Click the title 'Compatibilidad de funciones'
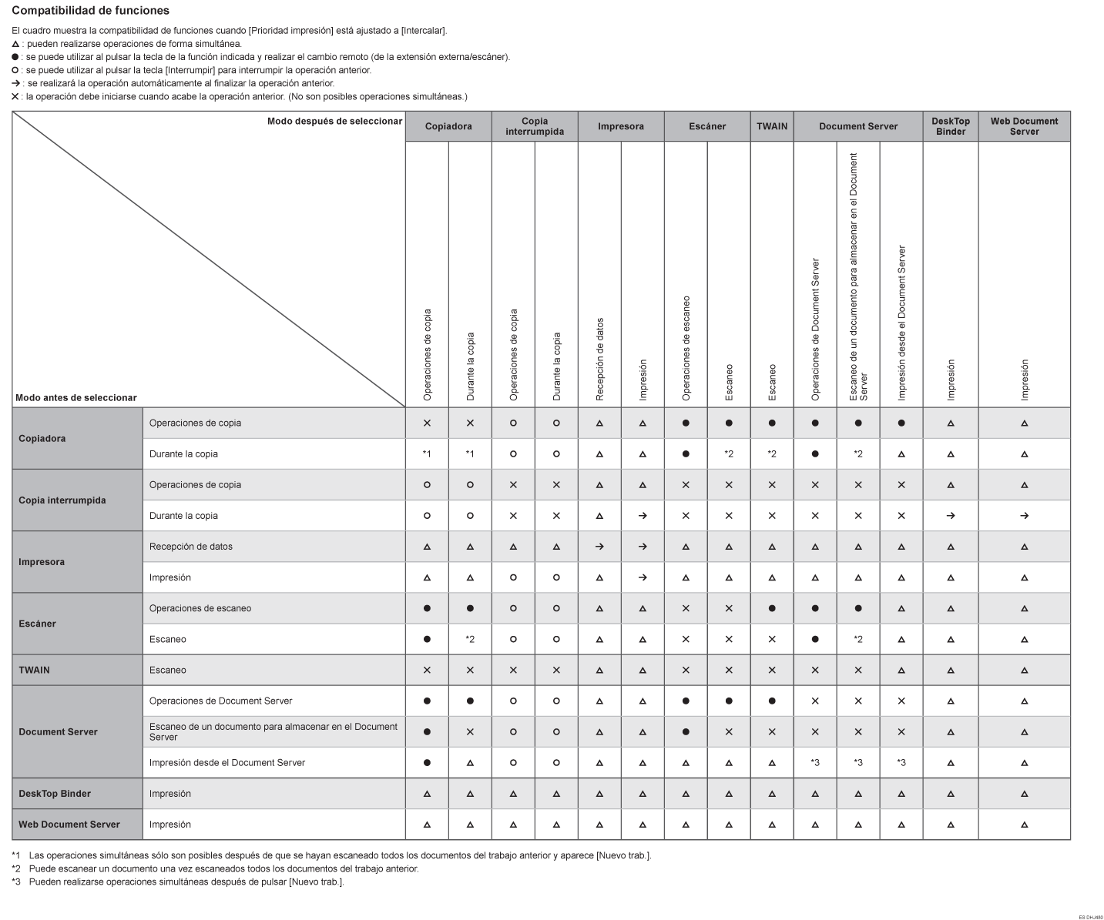(x=90, y=11)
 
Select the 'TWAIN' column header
(x=772, y=126)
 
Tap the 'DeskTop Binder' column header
(x=951, y=126)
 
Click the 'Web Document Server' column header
(x=1024, y=126)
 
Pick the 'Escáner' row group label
(x=37, y=624)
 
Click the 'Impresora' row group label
(x=42, y=562)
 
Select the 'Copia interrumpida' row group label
(x=62, y=500)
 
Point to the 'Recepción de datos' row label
(x=191, y=547)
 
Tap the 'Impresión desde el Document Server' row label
(x=227, y=763)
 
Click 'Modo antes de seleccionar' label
(x=76, y=398)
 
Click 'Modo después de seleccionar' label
(x=334, y=121)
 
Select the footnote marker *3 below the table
(x=16, y=882)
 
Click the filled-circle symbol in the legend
(x=15, y=57)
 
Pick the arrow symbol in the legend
(x=15, y=83)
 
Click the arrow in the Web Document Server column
(x=1024, y=516)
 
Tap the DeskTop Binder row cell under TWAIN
(x=772, y=794)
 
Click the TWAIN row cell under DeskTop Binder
(x=951, y=671)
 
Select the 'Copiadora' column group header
(x=448, y=126)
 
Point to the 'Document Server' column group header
(x=858, y=126)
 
